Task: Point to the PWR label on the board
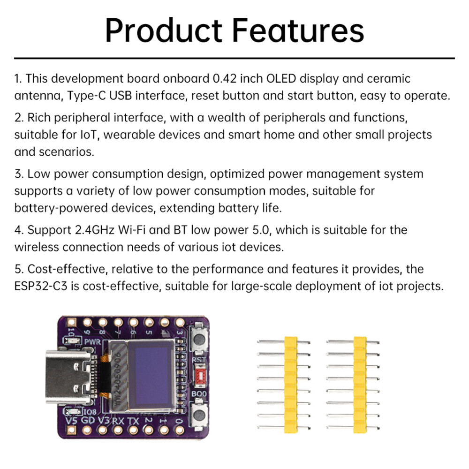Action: [93, 342]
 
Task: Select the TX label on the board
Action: [134, 420]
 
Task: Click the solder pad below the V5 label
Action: [72, 431]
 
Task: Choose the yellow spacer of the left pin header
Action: [291, 383]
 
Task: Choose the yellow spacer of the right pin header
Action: [360, 383]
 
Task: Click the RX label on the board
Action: [119, 420]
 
